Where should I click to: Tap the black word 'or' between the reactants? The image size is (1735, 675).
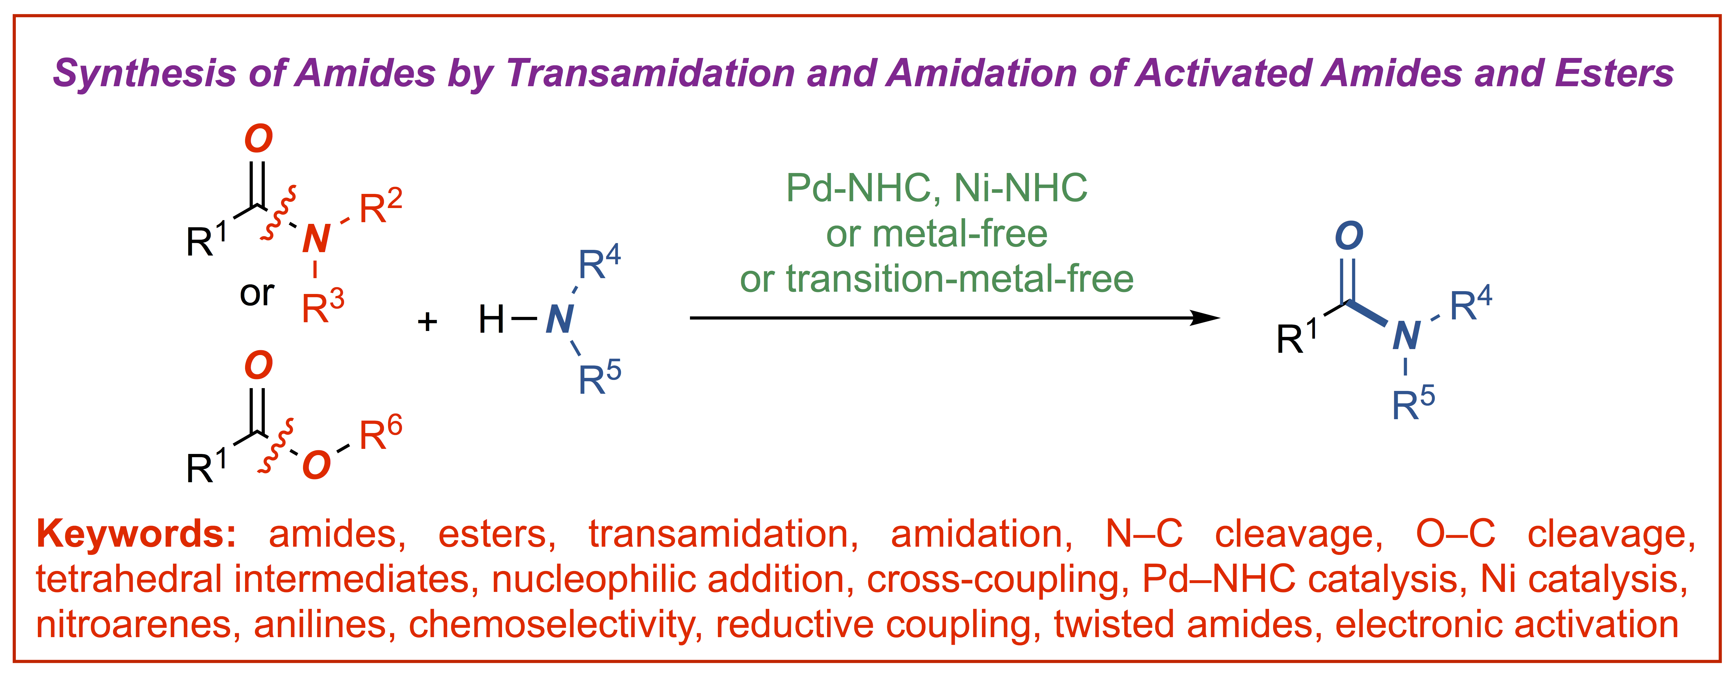coord(257,293)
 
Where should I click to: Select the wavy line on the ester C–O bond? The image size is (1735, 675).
coord(278,445)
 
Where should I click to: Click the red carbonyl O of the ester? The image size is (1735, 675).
coord(259,366)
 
